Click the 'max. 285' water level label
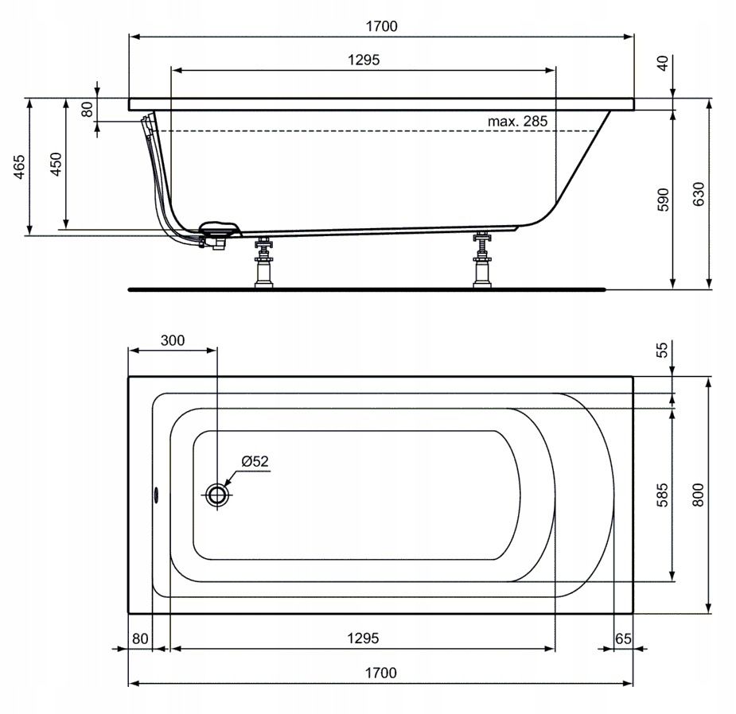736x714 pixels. (518, 121)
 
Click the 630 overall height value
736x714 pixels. (699, 195)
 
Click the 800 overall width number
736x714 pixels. (699, 495)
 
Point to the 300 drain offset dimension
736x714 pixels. (172, 340)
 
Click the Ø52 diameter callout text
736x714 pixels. (255, 461)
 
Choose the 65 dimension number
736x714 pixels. (623, 638)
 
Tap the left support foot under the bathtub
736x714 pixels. (263, 263)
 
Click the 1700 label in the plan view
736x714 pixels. (380, 673)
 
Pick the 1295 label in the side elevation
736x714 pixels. (364, 60)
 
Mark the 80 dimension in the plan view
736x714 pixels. (140, 638)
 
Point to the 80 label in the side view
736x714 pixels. (88, 108)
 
